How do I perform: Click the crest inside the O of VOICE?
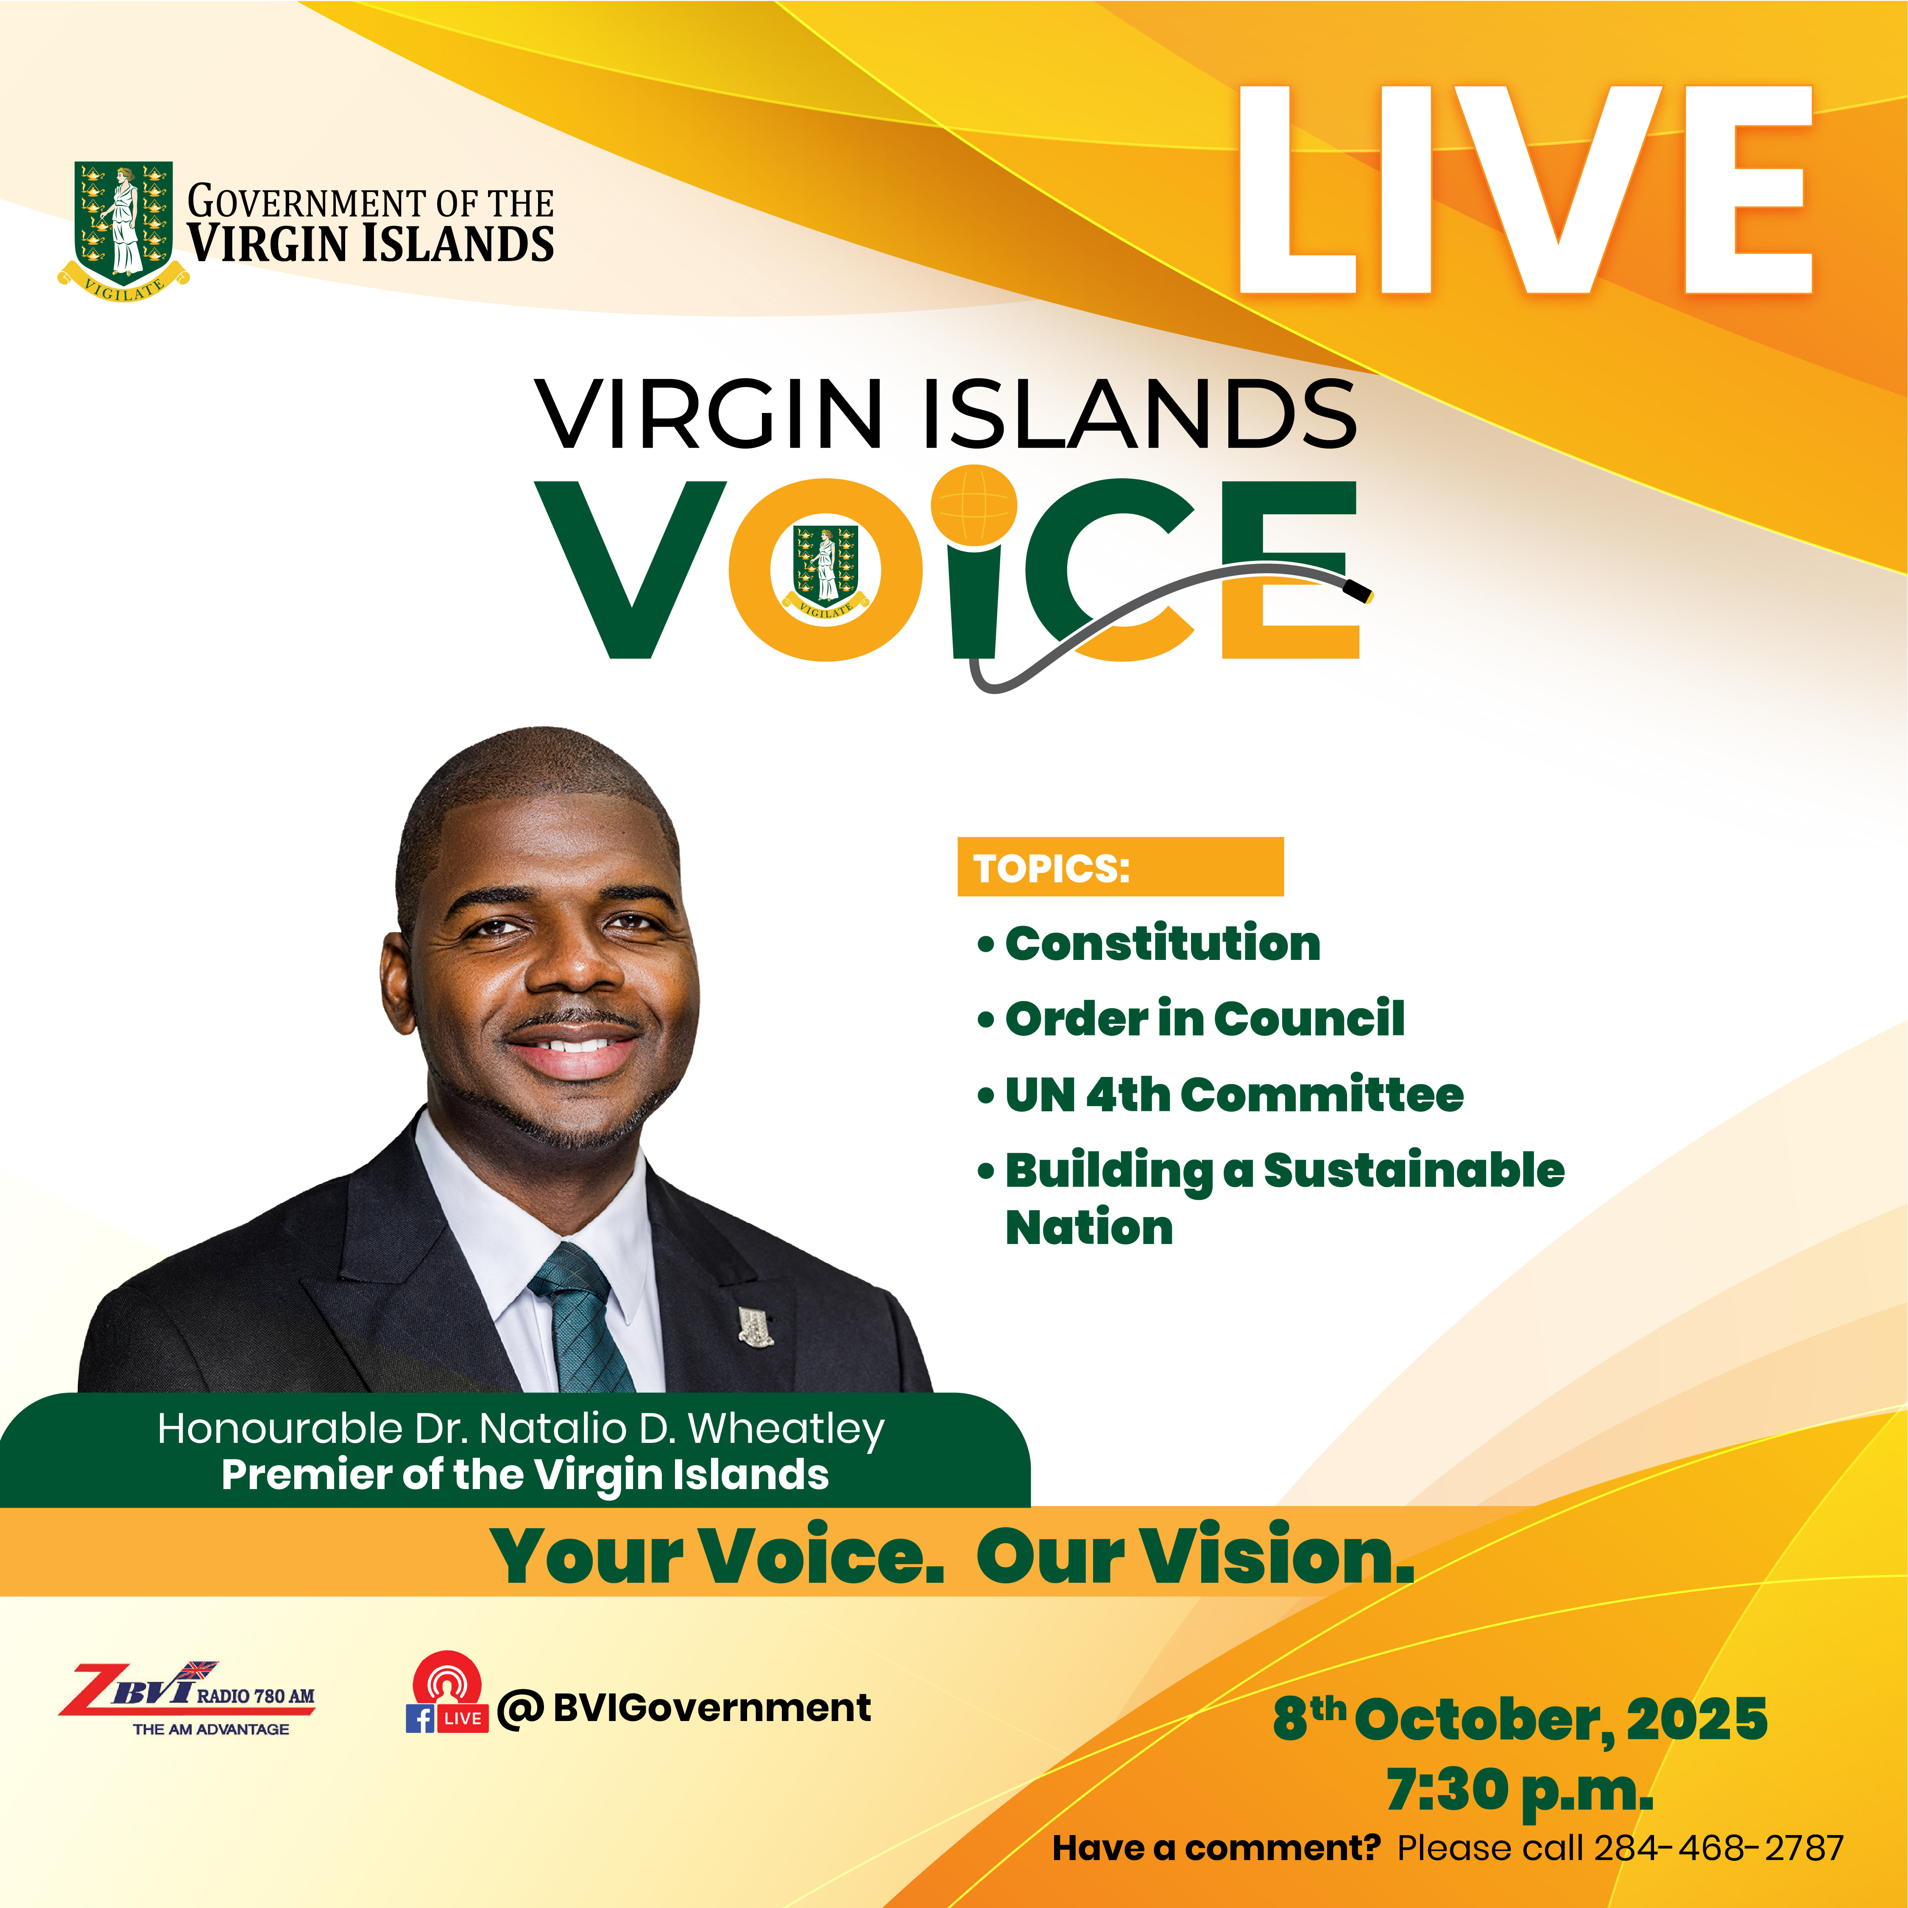[x=827, y=571]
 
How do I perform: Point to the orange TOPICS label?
[x=1120, y=867]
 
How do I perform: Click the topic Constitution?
[x=1162, y=943]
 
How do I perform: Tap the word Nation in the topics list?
[x=1089, y=1227]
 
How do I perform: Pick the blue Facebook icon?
[x=420, y=1718]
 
